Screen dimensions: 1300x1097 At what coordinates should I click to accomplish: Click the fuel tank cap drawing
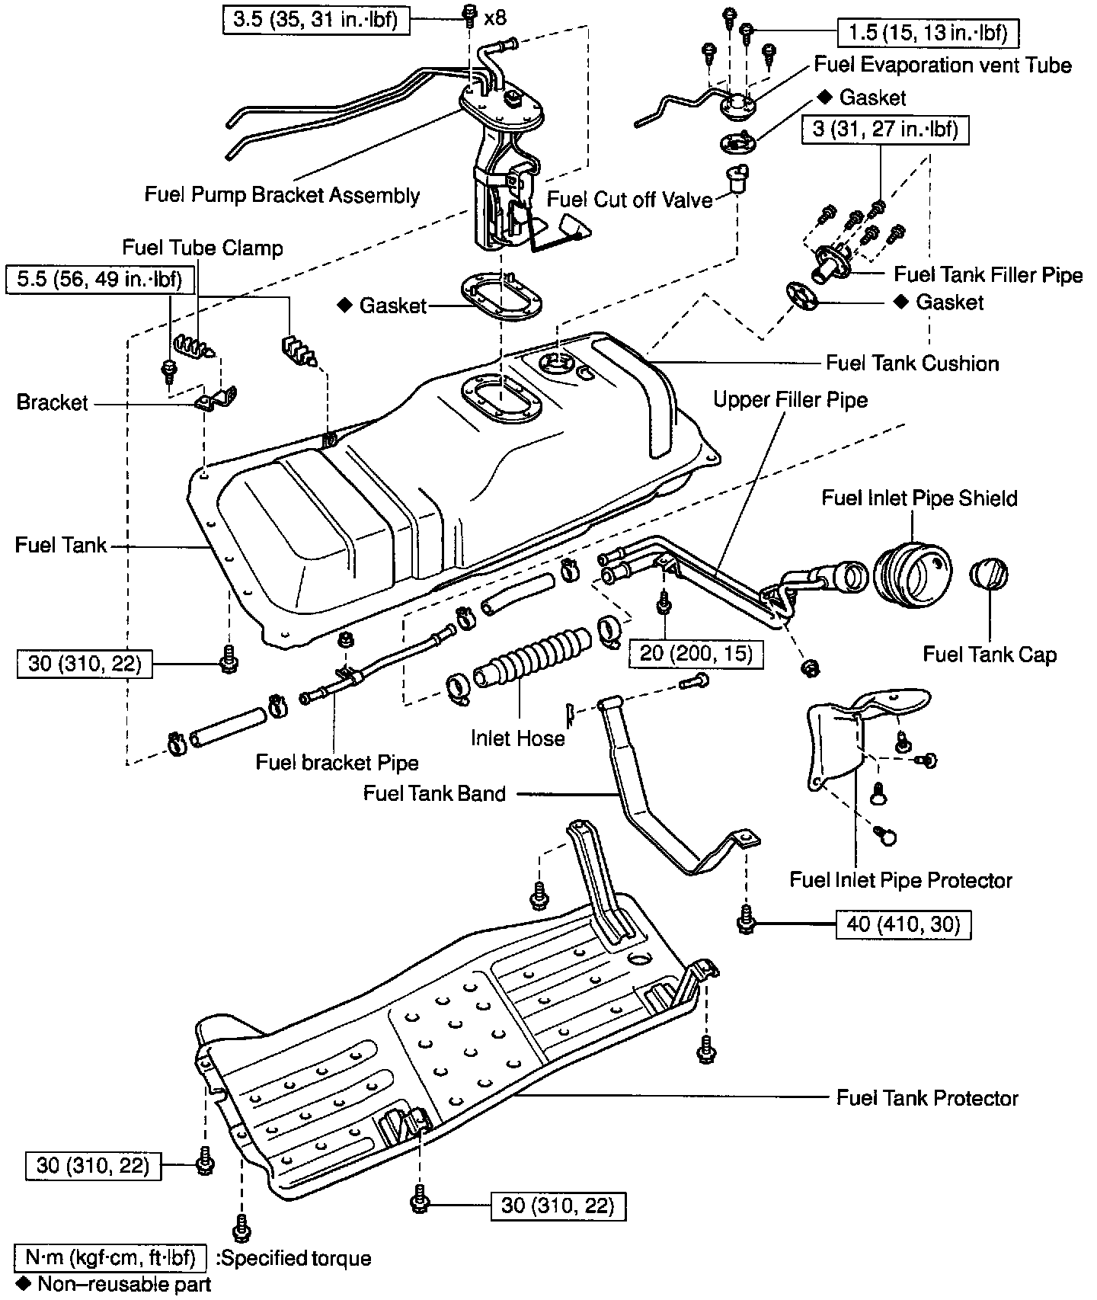tap(989, 574)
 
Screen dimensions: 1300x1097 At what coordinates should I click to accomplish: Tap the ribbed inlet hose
tap(533, 660)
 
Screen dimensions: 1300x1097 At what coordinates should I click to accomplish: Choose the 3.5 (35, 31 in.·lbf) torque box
tap(315, 19)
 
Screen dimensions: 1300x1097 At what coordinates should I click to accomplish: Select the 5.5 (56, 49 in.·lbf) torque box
tap(101, 280)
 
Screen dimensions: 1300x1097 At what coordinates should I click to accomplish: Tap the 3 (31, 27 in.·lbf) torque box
tap(884, 129)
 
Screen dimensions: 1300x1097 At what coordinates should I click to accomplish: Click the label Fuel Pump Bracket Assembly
tap(282, 195)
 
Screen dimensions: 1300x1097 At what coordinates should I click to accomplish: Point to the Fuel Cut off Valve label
tap(630, 200)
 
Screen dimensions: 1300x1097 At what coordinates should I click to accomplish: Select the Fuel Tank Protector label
tap(927, 1098)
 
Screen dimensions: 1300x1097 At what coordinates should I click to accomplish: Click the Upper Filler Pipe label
tap(790, 399)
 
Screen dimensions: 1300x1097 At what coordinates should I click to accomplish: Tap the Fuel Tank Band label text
tap(434, 794)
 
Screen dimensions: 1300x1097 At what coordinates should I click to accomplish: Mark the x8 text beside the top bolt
tap(495, 18)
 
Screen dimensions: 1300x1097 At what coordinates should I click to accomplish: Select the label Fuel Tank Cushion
tap(912, 363)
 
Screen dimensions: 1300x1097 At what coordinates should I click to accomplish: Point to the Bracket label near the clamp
tap(53, 402)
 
